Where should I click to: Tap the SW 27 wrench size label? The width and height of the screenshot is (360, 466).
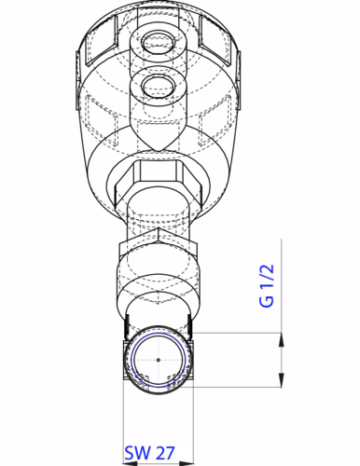(149, 454)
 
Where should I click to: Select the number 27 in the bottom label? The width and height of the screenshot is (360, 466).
(163, 454)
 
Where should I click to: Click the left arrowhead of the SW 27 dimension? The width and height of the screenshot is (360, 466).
(128, 436)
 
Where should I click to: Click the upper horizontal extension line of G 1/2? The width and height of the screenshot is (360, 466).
(238, 333)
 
